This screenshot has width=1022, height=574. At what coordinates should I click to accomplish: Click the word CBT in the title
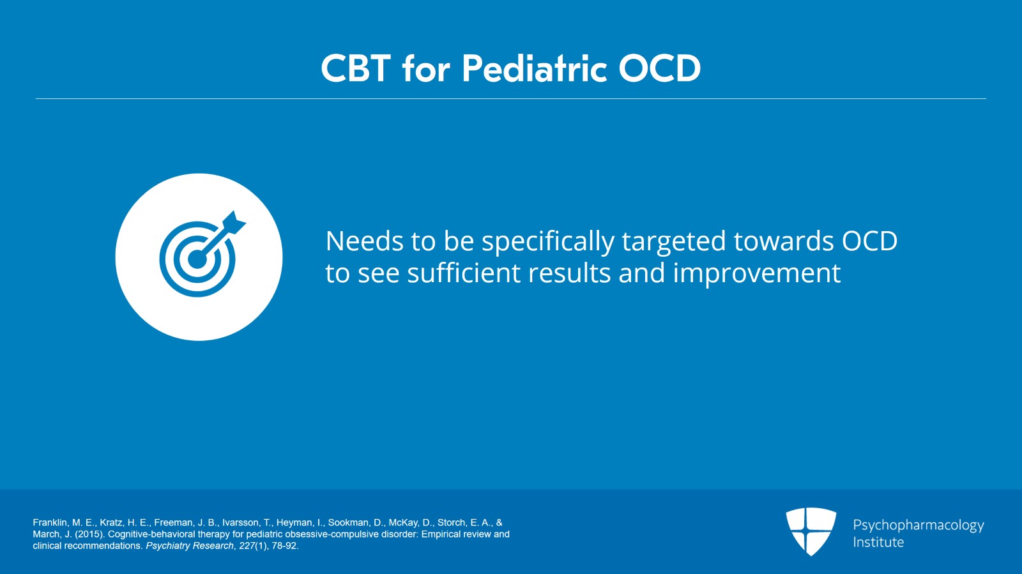(x=355, y=68)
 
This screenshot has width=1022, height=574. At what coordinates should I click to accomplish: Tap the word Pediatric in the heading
(x=534, y=68)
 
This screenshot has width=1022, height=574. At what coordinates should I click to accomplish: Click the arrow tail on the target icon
(x=236, y=221)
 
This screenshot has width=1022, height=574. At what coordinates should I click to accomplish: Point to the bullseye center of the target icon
(x=197, y=259)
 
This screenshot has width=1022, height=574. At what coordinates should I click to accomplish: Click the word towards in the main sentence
(x=784, y=241)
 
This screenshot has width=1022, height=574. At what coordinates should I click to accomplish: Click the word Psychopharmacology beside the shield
(x=918, y=525)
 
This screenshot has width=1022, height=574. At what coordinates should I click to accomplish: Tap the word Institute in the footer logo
(x=878, y=542)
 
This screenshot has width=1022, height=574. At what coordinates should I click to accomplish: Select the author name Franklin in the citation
(x=50, y=522)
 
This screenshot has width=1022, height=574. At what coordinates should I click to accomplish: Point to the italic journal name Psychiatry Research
(x=189, y=546)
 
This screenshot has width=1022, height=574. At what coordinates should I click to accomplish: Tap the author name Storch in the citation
(x=452, y=522)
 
